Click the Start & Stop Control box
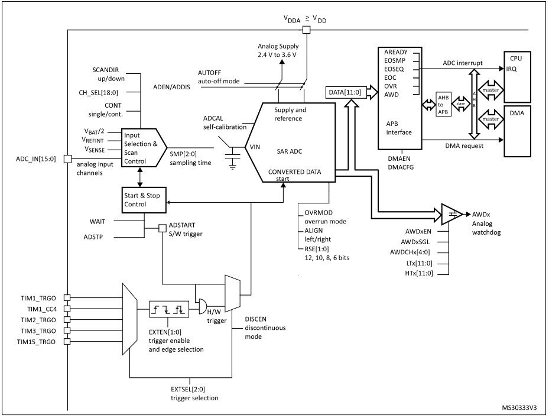[x=142, y=200]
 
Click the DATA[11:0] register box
[x=346, y=92]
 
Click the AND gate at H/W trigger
[x=201, y=307]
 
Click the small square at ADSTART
[x=162, y=228]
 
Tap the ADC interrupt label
[x=462, y=62]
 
